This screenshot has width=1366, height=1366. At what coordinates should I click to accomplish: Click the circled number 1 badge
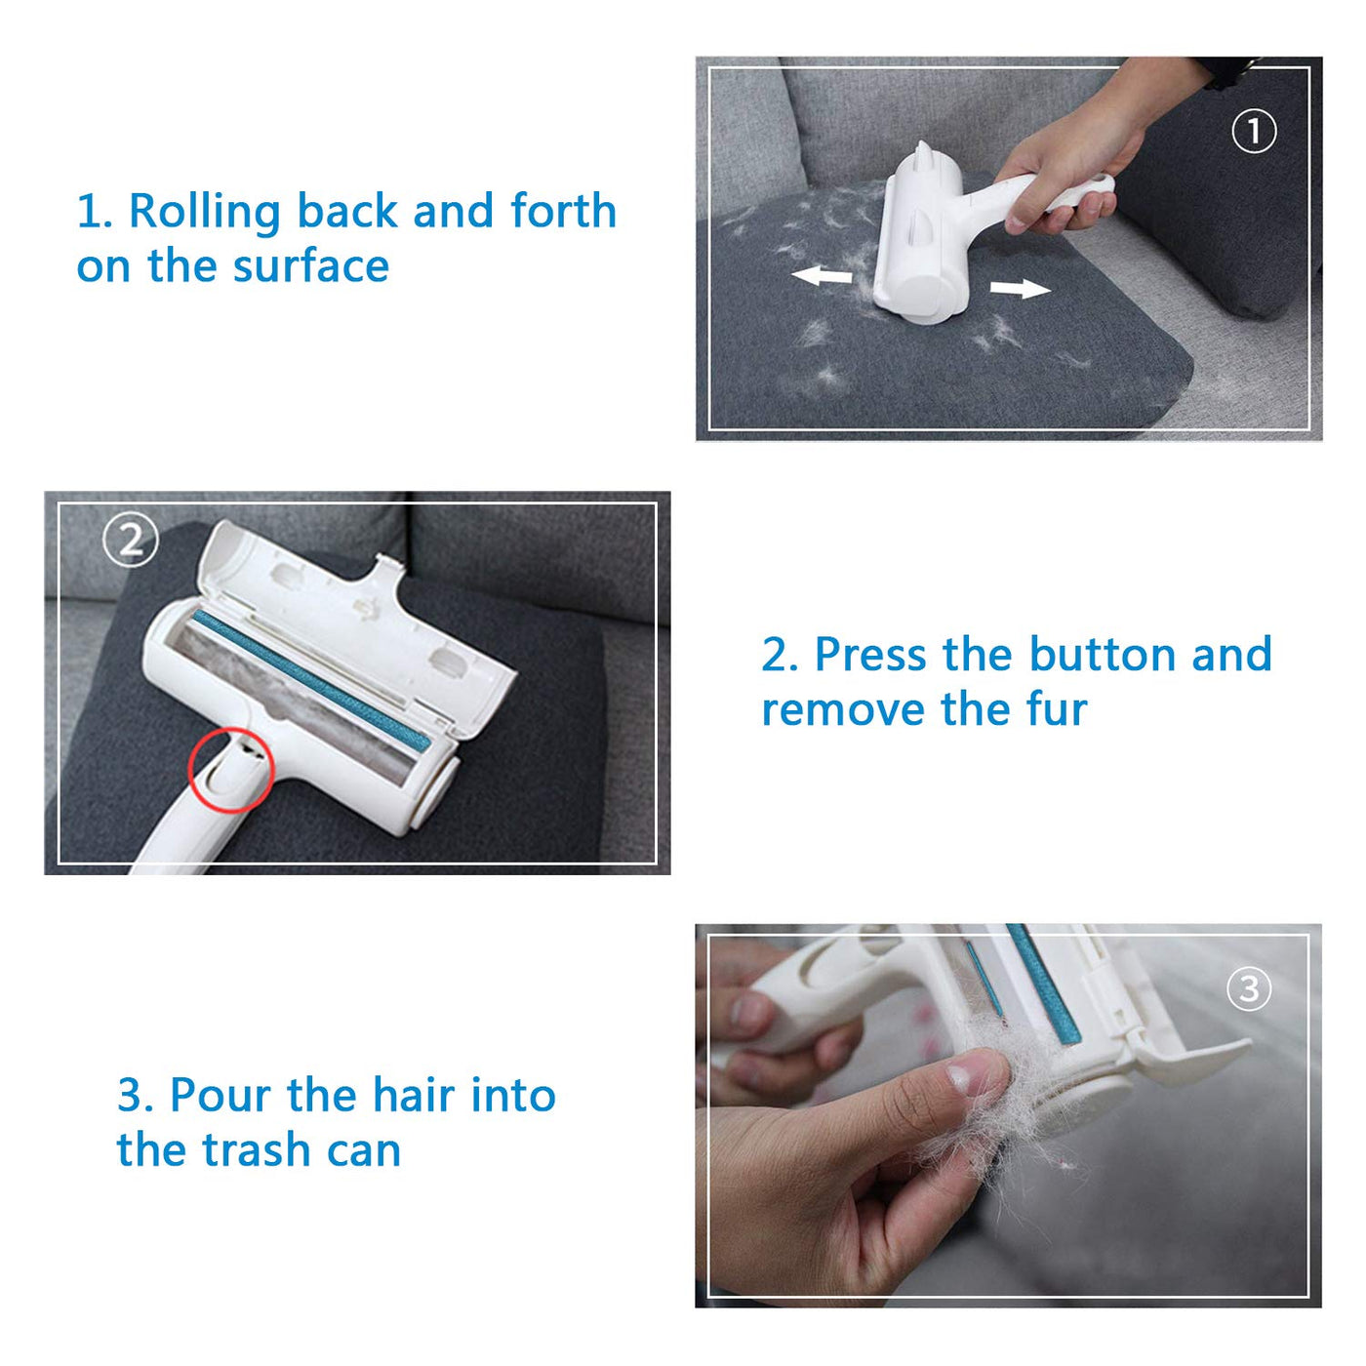tap(1253, 131)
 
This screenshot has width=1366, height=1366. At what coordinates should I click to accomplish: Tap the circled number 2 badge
tap(131, 542)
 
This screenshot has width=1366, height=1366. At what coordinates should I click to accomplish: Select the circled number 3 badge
tap(1248, 988)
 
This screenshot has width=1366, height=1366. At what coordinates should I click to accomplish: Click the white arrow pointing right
tap(1020, 288)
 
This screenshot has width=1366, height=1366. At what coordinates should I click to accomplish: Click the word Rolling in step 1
tap(205, 213)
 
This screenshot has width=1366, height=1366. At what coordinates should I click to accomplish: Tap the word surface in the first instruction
tap(311, 266)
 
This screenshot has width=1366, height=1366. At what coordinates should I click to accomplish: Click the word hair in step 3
tap(414, 1095)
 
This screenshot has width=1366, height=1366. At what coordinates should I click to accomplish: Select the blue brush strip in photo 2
tap(312, 680)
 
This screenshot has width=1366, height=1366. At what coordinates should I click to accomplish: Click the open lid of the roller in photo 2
tap(354, 623)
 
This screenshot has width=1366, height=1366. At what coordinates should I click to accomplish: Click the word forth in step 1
tap(564, 211)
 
